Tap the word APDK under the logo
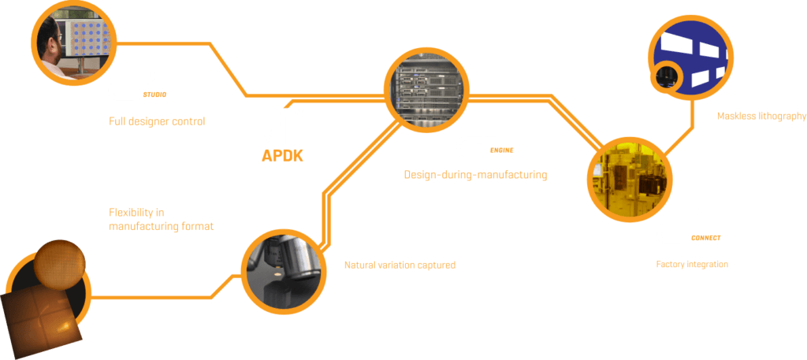tap(282, 155)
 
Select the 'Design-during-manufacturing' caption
tap(475, 175)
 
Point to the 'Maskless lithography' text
tap(761, 117)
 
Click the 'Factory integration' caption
tap(692, 265)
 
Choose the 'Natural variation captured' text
tap(400, 265)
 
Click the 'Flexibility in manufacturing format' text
tap(161, 219)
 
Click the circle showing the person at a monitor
tap(73, 43)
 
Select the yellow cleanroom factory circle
tap(629, 181)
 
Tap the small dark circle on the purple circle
tap(664, 76)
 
